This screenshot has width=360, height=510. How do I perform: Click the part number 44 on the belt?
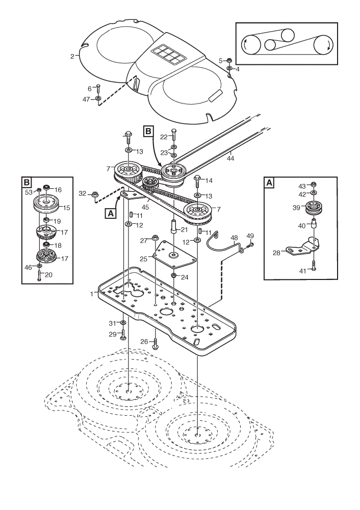pos(230,159)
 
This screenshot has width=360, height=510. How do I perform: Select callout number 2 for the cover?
pos(72,56)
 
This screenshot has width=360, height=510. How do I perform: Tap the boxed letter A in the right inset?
pos(269,183)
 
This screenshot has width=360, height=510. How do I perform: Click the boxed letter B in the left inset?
pos(27,183)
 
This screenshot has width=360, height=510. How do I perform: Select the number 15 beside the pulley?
pos(66,208)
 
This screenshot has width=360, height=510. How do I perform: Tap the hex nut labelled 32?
pos(95,194)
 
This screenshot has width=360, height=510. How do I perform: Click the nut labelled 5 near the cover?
pos(229,60)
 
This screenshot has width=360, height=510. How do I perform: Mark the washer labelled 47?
pos(98,98)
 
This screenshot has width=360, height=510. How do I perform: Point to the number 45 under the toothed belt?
pos(145,207)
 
